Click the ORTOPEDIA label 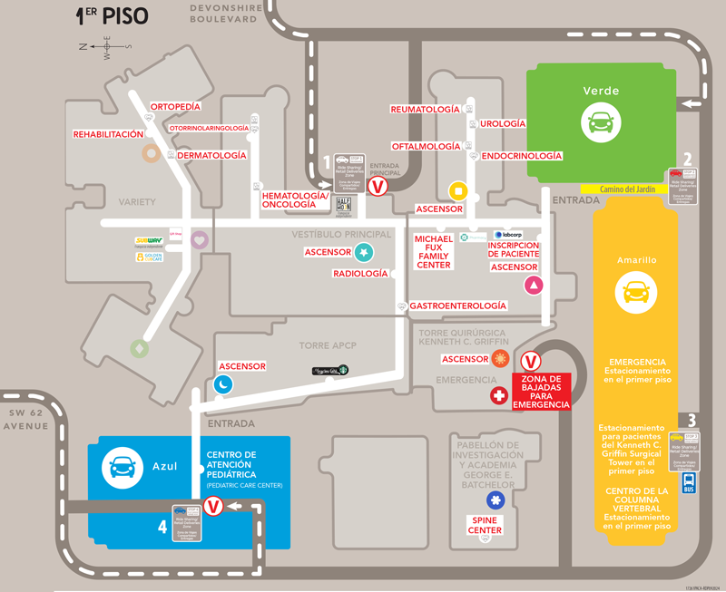click(175, 107)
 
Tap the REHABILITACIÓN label click(108, 134)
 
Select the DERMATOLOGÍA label click(211, 156)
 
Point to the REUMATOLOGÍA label click(425, 109)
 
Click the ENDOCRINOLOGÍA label click(521, 156)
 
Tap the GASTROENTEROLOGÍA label click(457, 306)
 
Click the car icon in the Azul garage click(119, 466)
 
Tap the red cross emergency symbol click(498, 395)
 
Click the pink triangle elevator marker click(534, 286)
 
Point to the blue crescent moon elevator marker click(223, 384)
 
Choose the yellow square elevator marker click(458, 191)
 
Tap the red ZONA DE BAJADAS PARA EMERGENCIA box click(542, 392)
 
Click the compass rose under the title click(105, 46)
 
